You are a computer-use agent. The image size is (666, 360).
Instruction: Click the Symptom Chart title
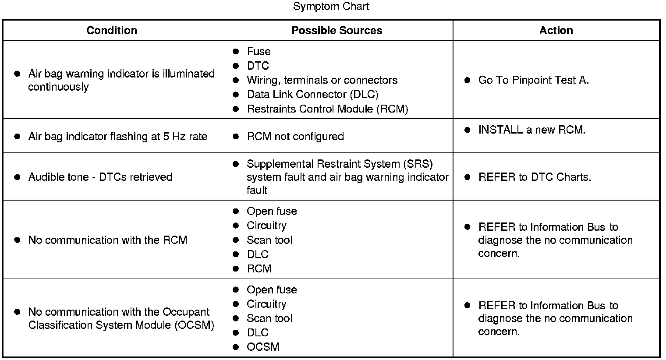[331, 7]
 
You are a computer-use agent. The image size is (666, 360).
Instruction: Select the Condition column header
[111, 31]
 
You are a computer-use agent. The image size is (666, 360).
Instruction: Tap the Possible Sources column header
[337, 31]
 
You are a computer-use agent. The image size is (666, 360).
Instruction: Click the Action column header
[556, 31]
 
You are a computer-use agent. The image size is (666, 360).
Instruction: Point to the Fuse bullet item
[259, 52]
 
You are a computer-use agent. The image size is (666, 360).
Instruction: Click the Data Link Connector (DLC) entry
[312, 95]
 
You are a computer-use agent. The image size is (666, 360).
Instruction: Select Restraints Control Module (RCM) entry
[327, 109]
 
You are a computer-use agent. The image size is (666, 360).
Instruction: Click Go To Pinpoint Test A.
[533, 80]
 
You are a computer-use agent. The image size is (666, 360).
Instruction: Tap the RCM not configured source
[295, 137]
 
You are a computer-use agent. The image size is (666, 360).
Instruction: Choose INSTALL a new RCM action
[531, 130]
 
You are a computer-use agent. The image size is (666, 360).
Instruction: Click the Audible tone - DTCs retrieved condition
[100, 177]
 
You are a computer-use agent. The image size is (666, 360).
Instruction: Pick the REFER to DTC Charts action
[535, 177]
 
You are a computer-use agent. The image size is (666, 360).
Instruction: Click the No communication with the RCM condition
[107, 240]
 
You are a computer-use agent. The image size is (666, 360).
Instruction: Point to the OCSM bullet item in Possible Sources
[263, 347]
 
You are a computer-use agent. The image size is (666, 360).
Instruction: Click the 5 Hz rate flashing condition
[117, 137]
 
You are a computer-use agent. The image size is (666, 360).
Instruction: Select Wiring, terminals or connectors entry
[322, 80]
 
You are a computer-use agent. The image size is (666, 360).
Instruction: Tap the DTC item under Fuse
[258, 66]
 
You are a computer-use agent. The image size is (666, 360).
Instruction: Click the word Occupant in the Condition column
[186, 312]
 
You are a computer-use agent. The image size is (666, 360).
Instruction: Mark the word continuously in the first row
[58, 87]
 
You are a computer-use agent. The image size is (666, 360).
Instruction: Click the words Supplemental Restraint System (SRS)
[340, 164]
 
